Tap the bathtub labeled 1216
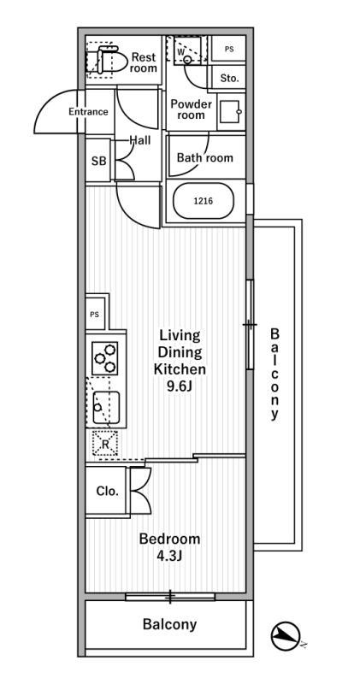click(x=204, y=201)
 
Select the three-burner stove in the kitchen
click(x=105, y=357)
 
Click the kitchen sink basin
click(x=105, y=407)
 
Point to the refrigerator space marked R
click(x=104, y=443)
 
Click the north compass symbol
click(x=286, y=636)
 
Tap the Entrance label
click(x=88, y=112)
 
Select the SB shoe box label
click(x=98, y=161)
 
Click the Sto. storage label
click(x=229, y=79)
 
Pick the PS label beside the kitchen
click(x=95, y=314)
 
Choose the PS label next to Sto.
click(x=229, y=50)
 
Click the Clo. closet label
click(x=108, y=491)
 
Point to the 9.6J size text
click(x=180, y=386)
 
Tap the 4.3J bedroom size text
click(x=169, y=556)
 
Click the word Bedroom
click(x=169, y=540)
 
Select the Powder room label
click(x=192, y=109)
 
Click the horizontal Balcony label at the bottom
click(x=169, y=624)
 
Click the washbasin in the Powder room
click(x=229, y=112)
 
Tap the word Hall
click(x=140, y=140)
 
